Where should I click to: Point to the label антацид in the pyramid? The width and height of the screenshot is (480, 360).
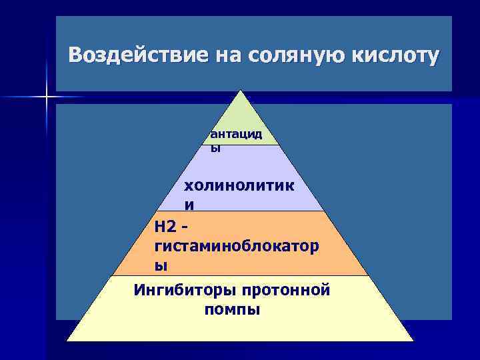[x=236, y=135]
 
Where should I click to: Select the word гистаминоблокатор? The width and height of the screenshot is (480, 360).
[x=236, y=247]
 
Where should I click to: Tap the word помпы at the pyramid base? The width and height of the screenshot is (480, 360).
[x=233, y=310]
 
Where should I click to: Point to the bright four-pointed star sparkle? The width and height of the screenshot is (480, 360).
[x=47, y=97]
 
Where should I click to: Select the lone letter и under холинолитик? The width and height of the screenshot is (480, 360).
[x=189, y=204]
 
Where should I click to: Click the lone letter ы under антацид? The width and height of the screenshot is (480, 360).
[x=215, y=148]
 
